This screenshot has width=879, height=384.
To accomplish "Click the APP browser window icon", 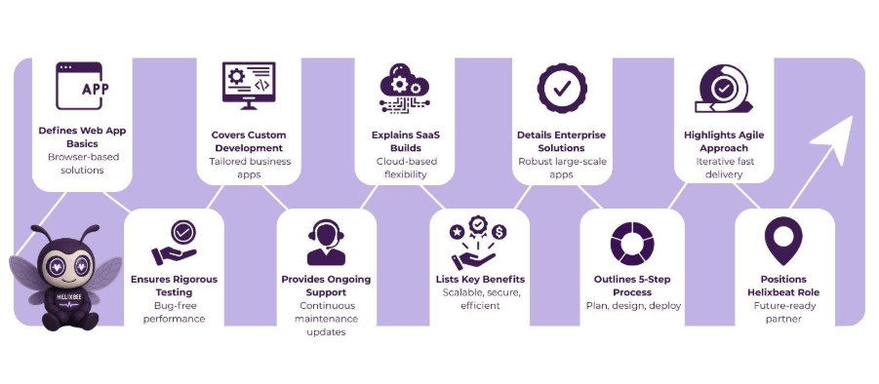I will (82, 87).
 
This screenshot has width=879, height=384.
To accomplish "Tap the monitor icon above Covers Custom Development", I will (249, 90).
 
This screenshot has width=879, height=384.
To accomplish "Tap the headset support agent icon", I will (326, 242).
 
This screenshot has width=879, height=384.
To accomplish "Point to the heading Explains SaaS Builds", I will (402, 141).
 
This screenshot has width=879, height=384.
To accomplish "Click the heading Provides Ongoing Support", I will (326, 286).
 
